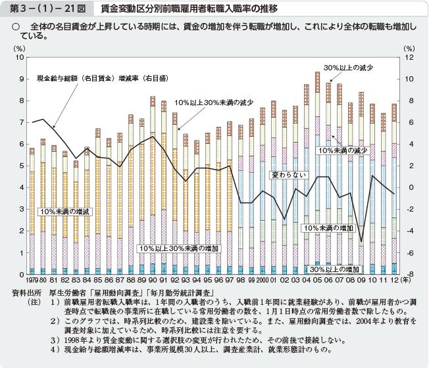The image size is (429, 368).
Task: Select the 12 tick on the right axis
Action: click(x=409, y=58)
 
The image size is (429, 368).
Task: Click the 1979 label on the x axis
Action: click(x=32, y=281)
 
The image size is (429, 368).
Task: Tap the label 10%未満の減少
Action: click(x=343, y=150)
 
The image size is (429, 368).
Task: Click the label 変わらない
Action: click(x=289, y=175)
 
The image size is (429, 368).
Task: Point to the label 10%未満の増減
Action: click(x=64, y=211)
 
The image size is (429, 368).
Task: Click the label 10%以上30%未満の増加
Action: click(x=178, y=248)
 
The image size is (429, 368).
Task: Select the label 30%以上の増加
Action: click(x=334, y=269)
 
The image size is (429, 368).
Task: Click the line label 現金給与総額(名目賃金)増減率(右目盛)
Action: click(x=103, y=77)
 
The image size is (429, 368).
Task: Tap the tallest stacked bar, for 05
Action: click(x=317, y=171)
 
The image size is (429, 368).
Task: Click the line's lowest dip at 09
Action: click(x=361, y=242)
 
